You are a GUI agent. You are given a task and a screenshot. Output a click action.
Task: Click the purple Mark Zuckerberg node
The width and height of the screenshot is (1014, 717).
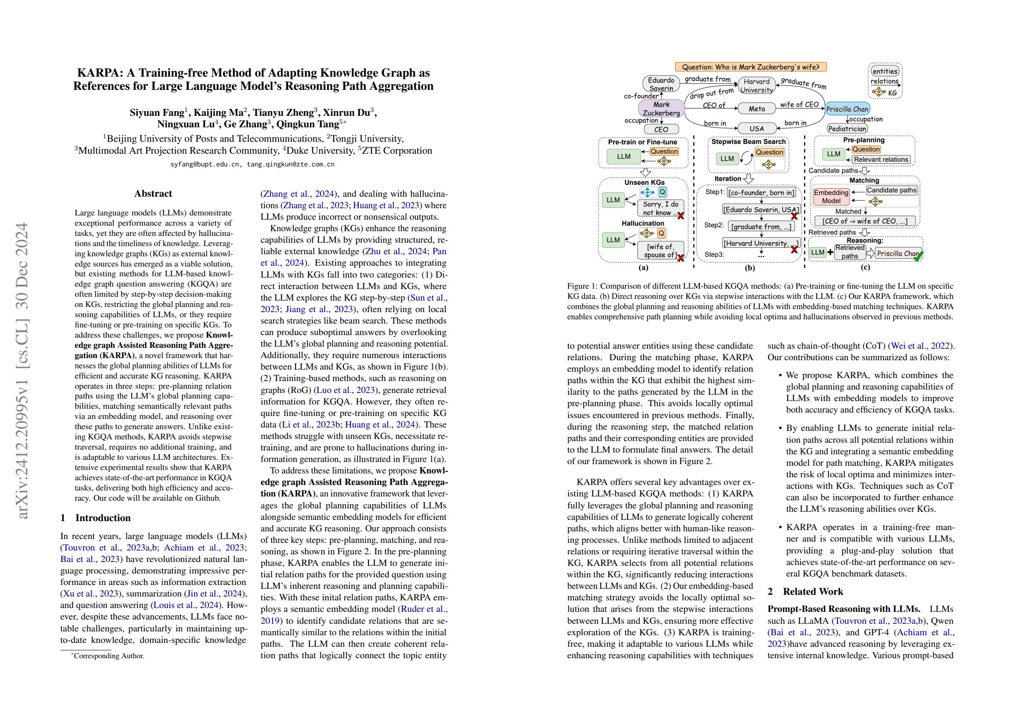tap(661, 109)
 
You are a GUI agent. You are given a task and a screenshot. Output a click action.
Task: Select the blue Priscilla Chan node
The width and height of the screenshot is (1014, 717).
tap(847, 109)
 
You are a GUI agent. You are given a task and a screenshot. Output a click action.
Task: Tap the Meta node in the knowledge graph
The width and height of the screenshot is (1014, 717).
tap(756, 108)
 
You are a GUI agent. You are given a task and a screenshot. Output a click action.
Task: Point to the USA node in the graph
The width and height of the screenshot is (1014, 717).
tap(756, 129)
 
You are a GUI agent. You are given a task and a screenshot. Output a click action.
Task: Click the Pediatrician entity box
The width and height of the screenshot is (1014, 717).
tap(847, 129)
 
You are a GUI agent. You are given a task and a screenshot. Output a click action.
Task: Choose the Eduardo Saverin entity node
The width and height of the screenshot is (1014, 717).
tap(661, 84)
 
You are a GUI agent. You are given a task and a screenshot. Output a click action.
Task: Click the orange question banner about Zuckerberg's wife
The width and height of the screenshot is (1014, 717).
tap(750, 67)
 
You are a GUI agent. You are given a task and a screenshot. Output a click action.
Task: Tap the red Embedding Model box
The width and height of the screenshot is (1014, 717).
tap(831, 197)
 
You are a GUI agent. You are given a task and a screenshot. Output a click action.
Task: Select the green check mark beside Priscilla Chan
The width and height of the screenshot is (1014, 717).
tap(919, 255)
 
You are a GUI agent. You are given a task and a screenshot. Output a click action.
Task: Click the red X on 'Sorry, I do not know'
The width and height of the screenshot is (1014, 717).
tap(681, 215)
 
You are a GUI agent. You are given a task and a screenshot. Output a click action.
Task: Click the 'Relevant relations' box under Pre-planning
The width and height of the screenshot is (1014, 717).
tap(881, 160)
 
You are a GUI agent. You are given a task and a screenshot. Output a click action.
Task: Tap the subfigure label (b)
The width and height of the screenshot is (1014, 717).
tap(750, 268)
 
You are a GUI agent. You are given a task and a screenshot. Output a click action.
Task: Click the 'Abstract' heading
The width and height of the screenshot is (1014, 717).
tap(153, 193)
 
